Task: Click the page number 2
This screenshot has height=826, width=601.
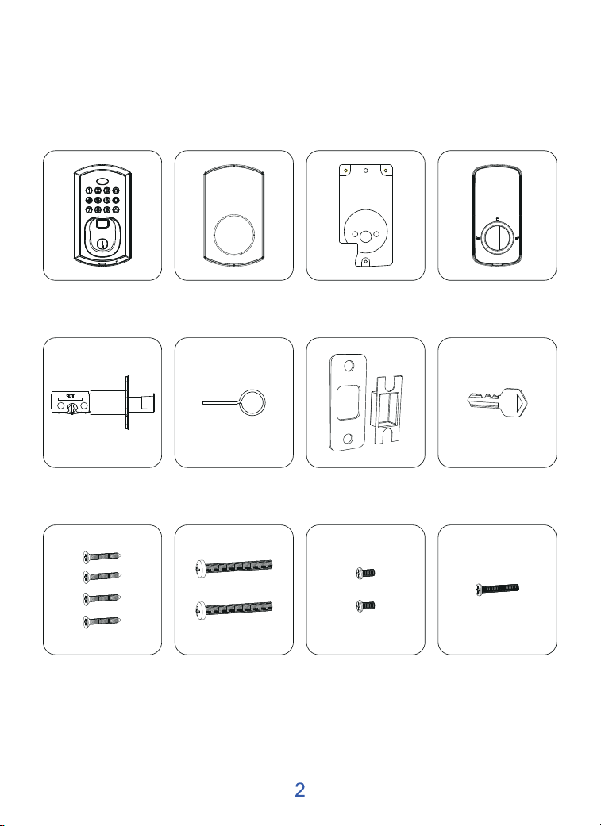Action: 299,790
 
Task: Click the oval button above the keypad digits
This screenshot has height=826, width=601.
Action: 102,181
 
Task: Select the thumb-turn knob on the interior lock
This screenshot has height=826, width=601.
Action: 497,237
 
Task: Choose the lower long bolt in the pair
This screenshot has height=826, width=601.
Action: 234,611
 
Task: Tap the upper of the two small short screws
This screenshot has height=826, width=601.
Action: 365,573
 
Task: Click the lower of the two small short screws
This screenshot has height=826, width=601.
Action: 365,605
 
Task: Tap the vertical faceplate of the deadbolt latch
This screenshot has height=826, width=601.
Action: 126,403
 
